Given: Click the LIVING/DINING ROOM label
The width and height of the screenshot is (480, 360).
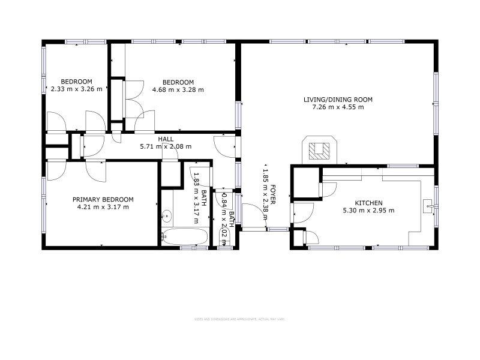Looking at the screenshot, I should point(338,100).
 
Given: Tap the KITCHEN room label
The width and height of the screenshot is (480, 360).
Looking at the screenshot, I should point(362,203).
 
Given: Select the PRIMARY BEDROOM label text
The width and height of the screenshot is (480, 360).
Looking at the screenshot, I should point(103,200).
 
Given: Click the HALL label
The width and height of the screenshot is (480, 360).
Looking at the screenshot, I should point(166,139).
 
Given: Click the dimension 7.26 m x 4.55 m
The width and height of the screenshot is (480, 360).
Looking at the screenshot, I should point(338,107).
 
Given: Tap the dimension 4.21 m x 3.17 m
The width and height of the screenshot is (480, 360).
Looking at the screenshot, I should point(103,207).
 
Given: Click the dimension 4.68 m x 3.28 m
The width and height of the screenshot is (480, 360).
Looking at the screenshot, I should point(178,90).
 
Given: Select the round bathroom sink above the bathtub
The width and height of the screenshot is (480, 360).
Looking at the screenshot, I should point(167,215).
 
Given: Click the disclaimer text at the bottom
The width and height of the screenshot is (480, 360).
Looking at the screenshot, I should point(239,319).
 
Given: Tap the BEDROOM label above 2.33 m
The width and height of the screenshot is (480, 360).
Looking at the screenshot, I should point(76,82).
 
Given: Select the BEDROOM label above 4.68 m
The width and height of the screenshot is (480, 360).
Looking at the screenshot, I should point(178,82).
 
